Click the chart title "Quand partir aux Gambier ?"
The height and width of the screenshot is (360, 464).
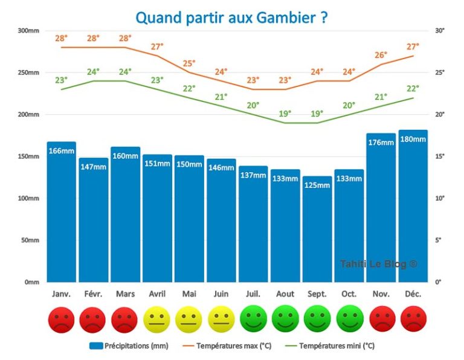(x=231, y=17)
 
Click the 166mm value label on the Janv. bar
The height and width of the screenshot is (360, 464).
(x=62, y=150)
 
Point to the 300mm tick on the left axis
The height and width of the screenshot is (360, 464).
(x=28, y=31)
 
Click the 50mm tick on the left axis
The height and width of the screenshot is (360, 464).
(x=30, y=240)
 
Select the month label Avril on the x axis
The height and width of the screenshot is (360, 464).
(x=157, y=294)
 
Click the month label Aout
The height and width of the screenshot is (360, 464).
(x=285, y=294)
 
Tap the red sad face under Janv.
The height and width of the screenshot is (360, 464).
(x=62, y=320)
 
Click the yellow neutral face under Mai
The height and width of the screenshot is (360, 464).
(x=189, y=320)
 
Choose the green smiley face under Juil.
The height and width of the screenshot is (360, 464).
(x=253, y=320)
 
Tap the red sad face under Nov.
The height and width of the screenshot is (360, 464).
(x=381, y=320)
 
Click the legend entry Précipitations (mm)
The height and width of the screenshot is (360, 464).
(x=129, y=346)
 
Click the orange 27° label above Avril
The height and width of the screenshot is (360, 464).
(x=157, y=47)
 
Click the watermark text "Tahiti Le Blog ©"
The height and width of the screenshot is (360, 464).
(x=378, y=264)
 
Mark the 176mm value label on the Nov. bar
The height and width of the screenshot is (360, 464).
(x=381, y=143)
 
